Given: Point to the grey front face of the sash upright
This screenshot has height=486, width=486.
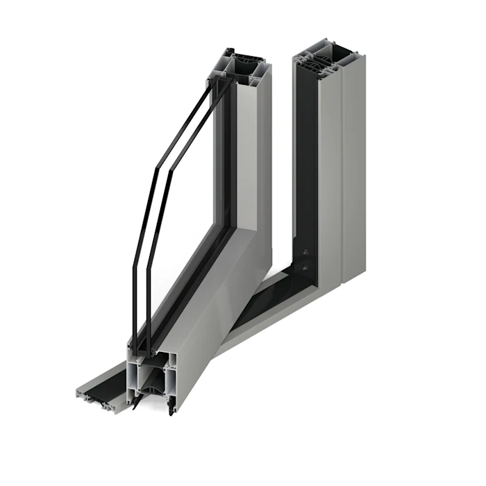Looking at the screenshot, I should pyautogui.click(x=250, y=153).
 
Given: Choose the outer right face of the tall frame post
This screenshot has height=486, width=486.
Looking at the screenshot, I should pyautogui.click(x=353, y=174).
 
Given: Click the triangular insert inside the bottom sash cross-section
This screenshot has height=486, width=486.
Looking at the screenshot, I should pyautogui.click(x=149, y=379).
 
